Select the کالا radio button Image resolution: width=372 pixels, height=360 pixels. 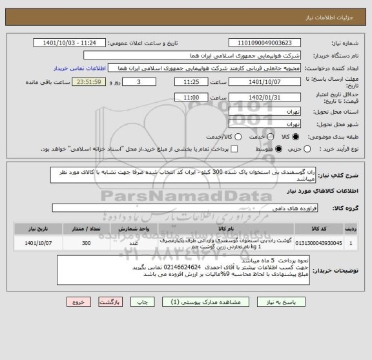tap(296, 137)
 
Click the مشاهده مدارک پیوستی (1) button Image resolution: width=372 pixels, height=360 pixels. tap(185, 302)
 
